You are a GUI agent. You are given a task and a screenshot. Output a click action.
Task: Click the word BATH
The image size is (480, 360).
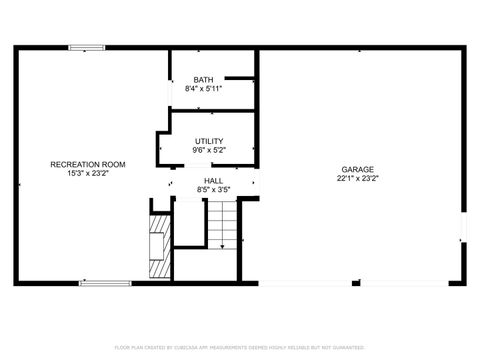(204, 80)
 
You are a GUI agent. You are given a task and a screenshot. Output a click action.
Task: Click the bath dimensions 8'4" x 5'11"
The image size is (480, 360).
(204, 88)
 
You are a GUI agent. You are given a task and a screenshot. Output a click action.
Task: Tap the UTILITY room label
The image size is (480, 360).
(209, 141)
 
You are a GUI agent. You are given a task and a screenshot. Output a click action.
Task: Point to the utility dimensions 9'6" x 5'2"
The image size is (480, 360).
(209, 150)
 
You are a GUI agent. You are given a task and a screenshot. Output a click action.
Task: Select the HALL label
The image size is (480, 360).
(213, 180)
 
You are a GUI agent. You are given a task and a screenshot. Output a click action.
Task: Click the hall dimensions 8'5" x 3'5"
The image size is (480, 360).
(213, 188)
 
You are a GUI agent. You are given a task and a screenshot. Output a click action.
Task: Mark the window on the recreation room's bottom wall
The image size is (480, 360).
(105, 283)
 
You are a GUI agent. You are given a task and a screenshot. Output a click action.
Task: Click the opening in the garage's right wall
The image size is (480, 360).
(464, 227)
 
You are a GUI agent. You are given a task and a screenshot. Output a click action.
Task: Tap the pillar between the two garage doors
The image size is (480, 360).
(356, 283)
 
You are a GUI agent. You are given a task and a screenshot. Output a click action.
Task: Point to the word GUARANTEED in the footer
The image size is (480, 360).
(345, 347)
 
